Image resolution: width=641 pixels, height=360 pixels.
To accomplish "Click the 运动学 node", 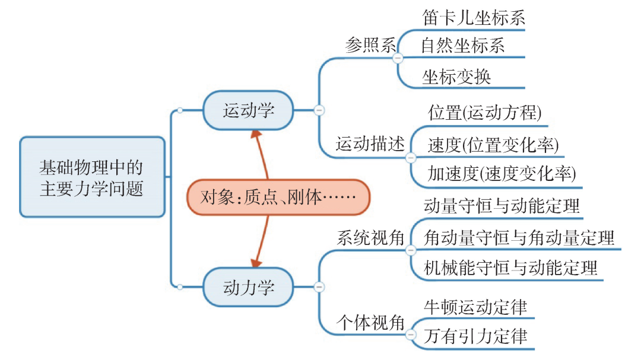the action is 248,110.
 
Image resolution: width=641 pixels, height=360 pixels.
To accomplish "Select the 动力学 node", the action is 248,287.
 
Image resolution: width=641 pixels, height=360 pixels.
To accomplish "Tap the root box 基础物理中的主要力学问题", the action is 93,177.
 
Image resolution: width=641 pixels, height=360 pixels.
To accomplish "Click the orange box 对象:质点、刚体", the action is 278,197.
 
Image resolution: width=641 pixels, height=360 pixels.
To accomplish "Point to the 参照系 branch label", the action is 370,45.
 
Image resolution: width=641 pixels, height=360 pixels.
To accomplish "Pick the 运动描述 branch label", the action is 370,144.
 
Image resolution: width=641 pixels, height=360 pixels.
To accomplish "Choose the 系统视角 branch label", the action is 370,238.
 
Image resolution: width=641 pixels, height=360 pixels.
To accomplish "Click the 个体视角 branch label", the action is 370,323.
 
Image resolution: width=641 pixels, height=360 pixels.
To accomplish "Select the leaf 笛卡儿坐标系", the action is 474,18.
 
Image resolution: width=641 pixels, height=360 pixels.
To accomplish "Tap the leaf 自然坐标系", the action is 463,45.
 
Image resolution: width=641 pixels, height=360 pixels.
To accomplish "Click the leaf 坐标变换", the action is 456,77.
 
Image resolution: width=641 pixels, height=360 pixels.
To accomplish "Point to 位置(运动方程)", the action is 485,113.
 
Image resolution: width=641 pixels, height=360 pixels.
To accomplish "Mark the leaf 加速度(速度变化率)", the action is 502,174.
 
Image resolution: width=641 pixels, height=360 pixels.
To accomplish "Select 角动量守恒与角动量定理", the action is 519,238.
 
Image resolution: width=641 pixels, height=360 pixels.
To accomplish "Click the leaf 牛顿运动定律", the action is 475,307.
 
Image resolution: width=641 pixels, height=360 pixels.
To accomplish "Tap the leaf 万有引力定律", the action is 475,336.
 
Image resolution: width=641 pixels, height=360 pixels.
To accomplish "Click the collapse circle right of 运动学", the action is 319,110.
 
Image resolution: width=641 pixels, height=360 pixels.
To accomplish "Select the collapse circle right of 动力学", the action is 319,287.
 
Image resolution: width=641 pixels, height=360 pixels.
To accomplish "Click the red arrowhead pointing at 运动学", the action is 256,135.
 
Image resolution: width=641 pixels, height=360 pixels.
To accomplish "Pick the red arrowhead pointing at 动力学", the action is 256,262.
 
